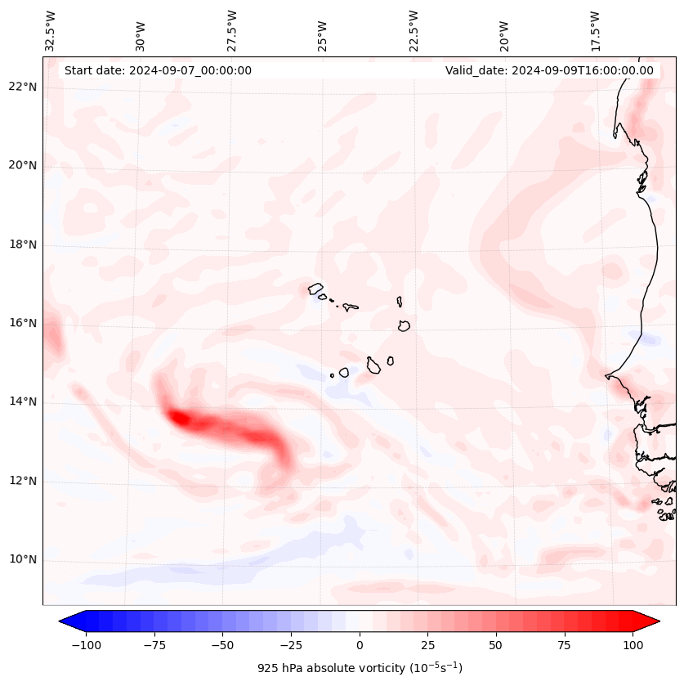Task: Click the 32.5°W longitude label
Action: point(51,30)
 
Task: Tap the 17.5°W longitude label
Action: point(595,30)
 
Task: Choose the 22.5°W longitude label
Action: point(414,30)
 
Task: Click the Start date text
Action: point(158,70)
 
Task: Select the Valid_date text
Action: point(549,70)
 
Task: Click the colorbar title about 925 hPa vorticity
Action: point(360,668)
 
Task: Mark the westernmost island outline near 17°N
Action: point(315,289)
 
